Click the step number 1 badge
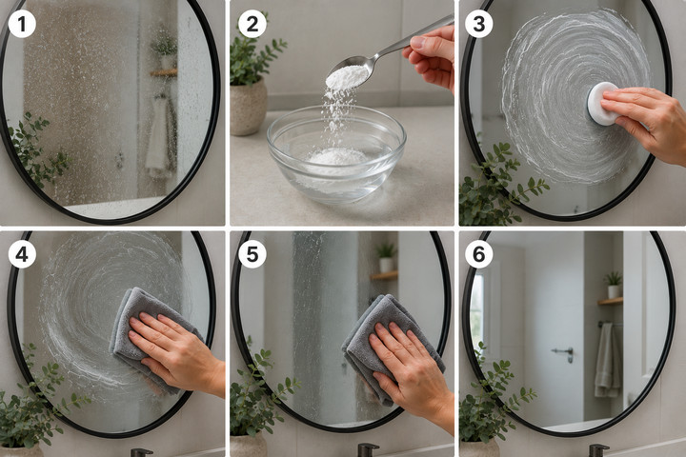[x=22, y=24]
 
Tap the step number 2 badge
[x=252, y=24]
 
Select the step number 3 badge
[x=479, y=24]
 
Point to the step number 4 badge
[x=22, y=254]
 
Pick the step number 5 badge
[x=252, y=254]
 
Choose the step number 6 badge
[x=479, y=254]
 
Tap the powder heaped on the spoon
[x=347, y=77]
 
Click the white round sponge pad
[x=603, y=104]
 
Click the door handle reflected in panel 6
[x=564, y=353]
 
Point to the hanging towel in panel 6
[x=607, y=360]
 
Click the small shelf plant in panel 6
[x=614, y=285]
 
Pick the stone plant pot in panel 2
[x=248, y=107]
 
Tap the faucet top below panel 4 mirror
[x=142, y=452]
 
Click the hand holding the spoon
[x=431, y=54]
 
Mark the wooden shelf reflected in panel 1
[x=164, y=72]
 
